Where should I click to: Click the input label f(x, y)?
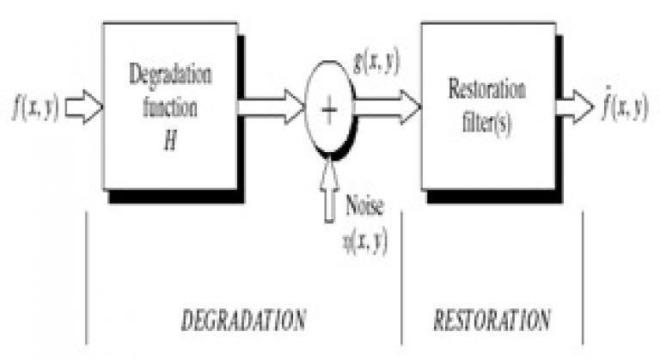[36, 107]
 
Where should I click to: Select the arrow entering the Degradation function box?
[83, 107]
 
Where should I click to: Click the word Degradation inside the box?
[170, 76]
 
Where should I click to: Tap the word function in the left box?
[170, 107]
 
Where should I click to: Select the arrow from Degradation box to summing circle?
[272, 107]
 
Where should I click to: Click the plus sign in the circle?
[329, 109]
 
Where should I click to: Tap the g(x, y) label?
[376, 64]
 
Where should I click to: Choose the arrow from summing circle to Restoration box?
[388, 107]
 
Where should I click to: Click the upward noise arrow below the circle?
[329, 191]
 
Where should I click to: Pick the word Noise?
[364, 205]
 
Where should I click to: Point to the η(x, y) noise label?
[365, 242]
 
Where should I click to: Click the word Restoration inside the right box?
[487, 89]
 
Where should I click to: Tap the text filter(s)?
[487, 124]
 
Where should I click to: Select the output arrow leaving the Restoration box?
[575, 107]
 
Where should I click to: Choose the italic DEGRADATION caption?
[244, 320]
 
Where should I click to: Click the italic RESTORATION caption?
[492, 320]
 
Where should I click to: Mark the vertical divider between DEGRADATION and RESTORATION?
[401, 278]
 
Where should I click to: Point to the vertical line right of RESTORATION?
[583, 278]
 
